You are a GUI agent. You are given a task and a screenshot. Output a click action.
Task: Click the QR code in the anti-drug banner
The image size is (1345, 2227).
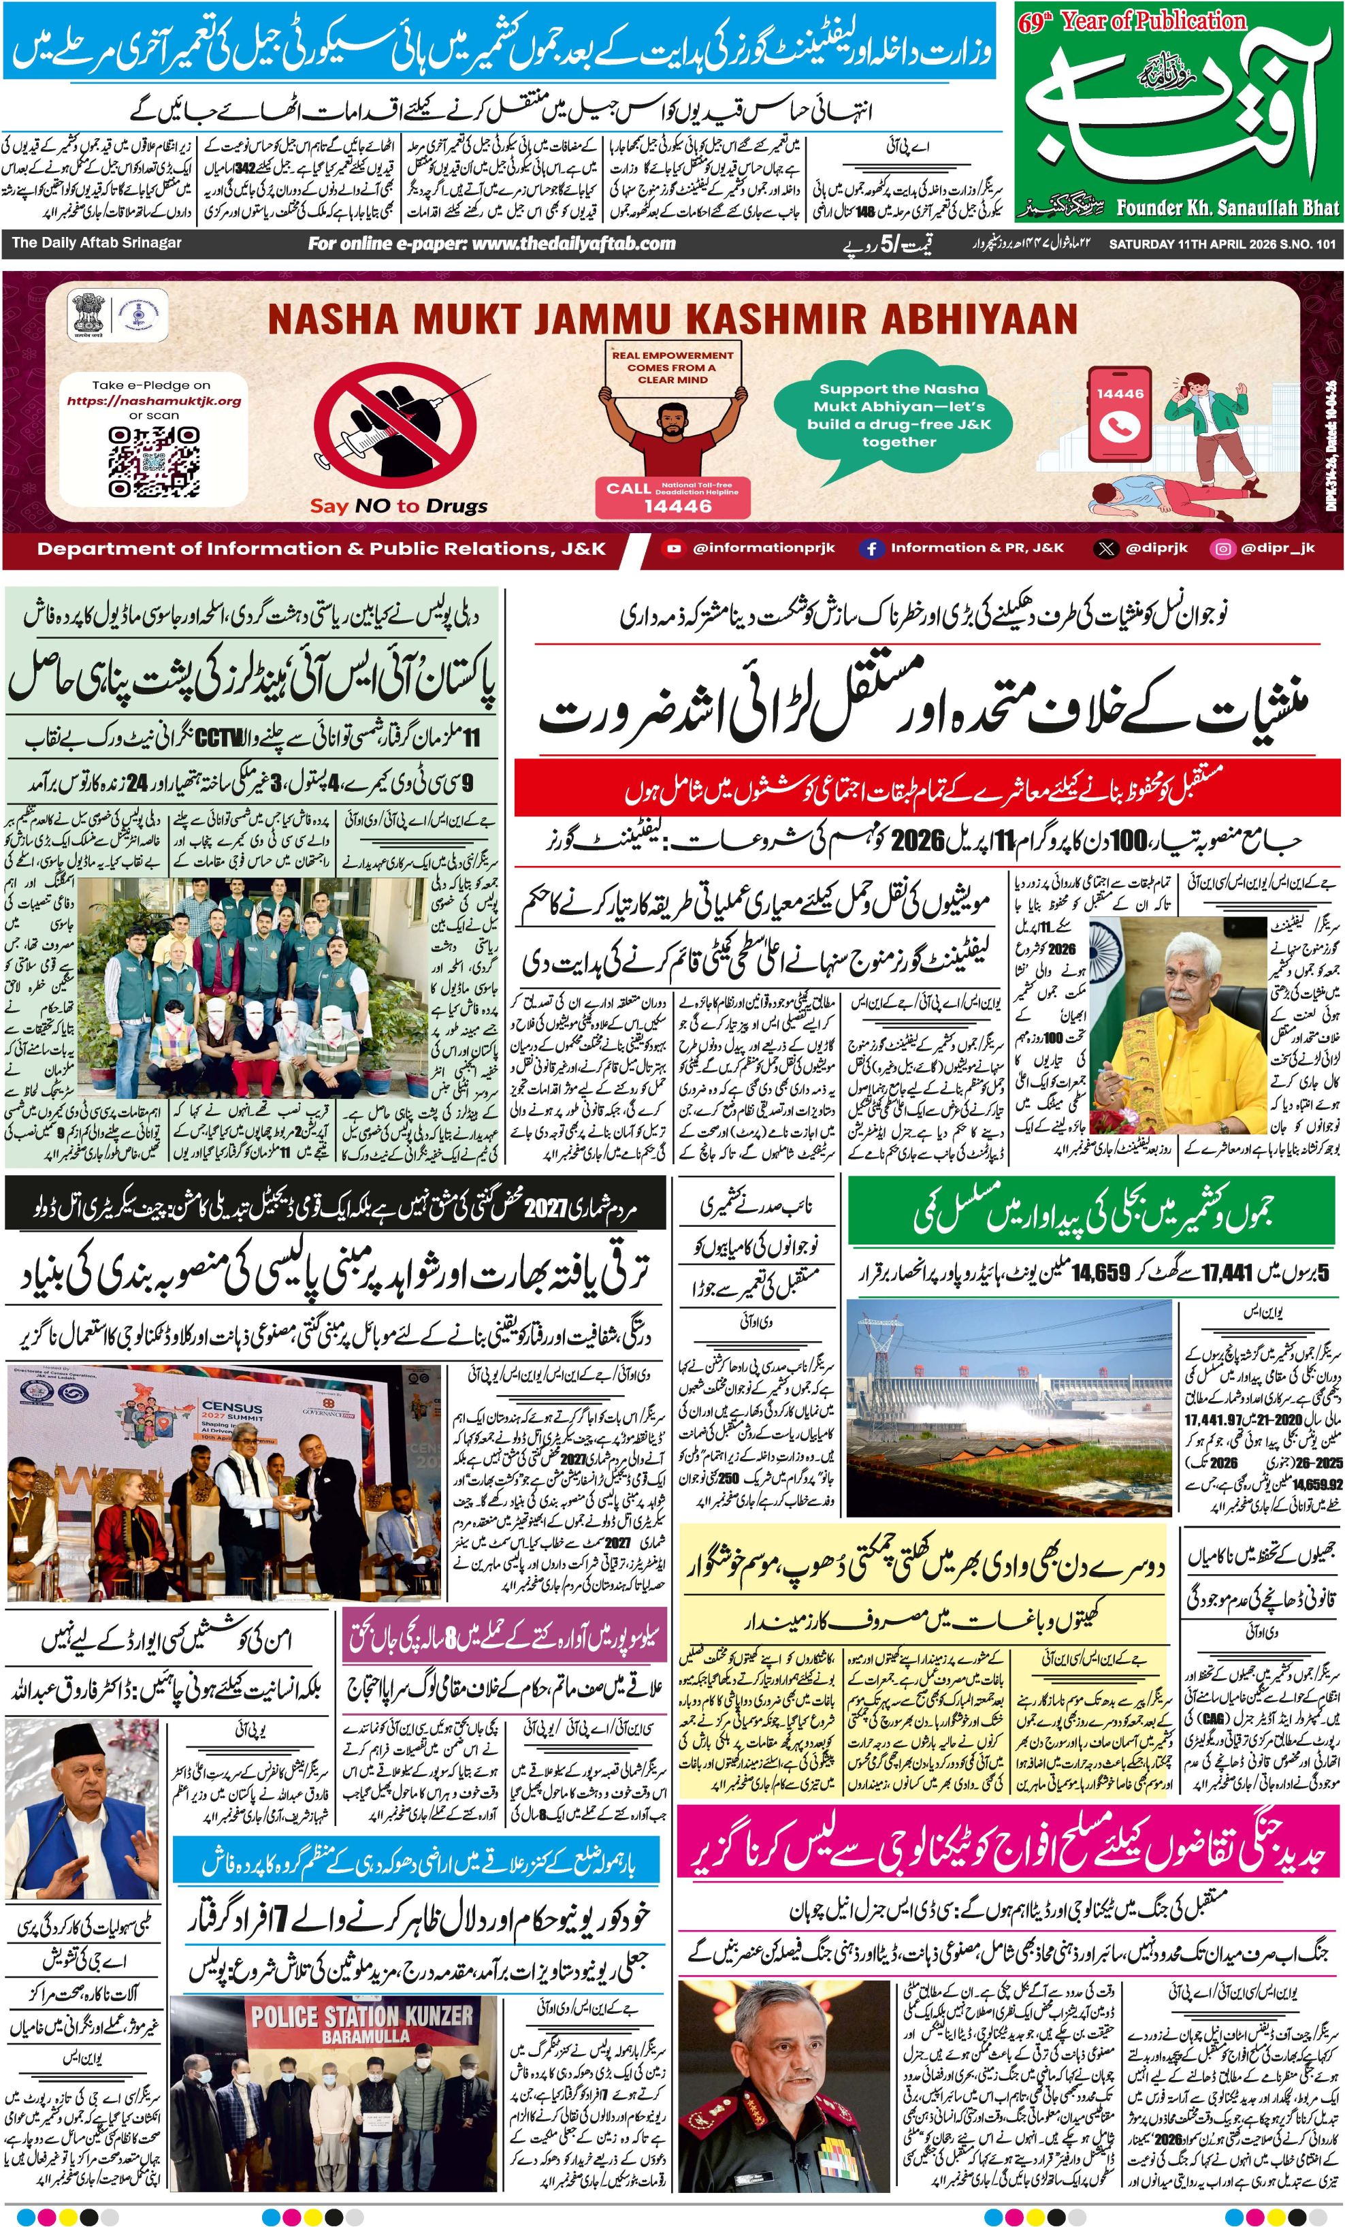[x=154, y=463]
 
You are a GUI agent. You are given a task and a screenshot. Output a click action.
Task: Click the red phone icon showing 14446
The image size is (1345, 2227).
[x=1119, y=415]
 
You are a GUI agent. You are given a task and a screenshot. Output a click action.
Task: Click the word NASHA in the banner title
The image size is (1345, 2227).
[x=331, y=319]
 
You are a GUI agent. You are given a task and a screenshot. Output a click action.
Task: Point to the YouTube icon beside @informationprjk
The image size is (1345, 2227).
[x=672, y=547]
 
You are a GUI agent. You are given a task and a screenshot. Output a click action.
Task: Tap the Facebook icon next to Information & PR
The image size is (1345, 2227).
[x=871, y=547]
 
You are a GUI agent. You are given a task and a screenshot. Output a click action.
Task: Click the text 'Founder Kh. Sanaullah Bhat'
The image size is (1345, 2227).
[x=1227, y=208]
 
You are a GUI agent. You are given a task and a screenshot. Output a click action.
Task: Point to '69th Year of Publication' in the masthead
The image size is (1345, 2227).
[x=1131, y=21]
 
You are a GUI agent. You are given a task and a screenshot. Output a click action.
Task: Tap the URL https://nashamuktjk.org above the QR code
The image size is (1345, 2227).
[x=154, y=400]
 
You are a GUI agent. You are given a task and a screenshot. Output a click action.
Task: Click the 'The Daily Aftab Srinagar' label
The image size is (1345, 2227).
[x=97, y=243]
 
